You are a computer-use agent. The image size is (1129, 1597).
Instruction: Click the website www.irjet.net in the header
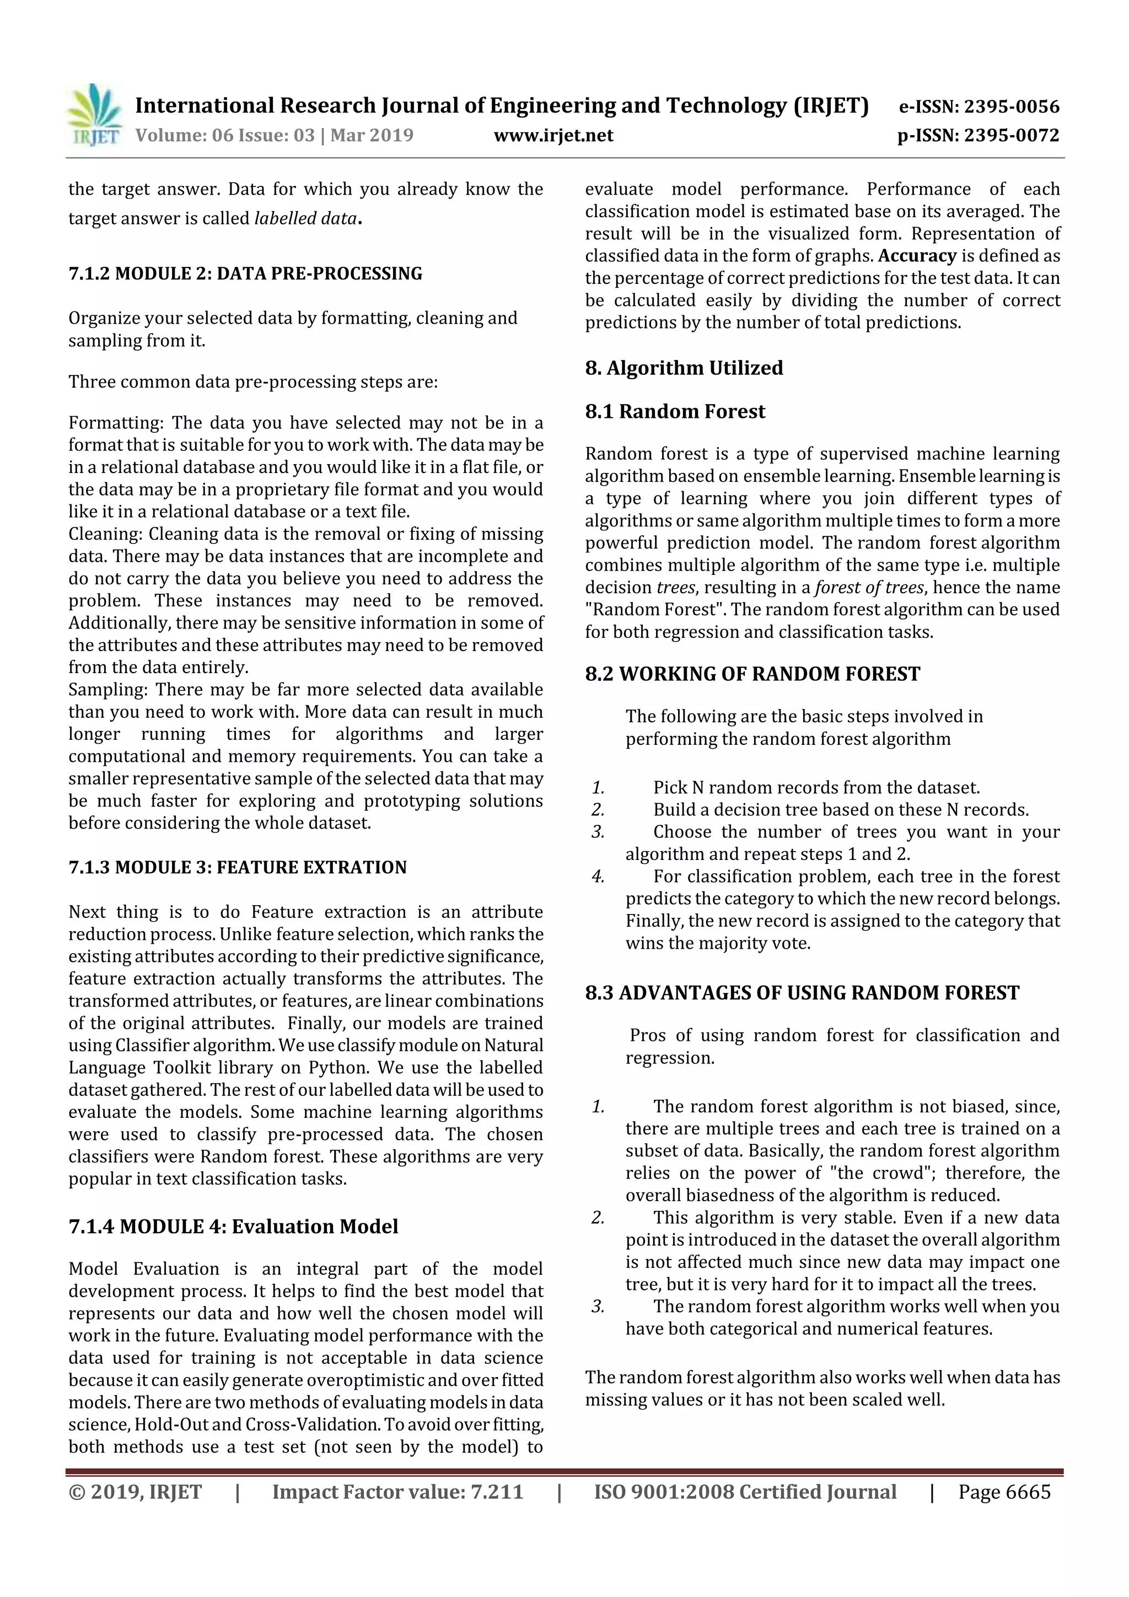point(553,135)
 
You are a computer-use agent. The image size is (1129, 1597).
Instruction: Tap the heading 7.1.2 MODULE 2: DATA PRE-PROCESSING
point(245,273)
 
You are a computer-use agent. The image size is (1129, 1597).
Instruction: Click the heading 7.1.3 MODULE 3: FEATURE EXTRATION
point(237,867)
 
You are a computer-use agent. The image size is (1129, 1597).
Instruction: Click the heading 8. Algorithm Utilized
point(683,367)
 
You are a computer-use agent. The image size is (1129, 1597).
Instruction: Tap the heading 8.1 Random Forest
point(674,411)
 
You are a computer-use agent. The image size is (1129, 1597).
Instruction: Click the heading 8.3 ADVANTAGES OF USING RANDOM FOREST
point(802,993)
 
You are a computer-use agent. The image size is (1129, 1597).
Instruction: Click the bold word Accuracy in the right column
point(917,256)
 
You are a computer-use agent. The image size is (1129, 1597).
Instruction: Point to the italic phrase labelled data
point(305,218)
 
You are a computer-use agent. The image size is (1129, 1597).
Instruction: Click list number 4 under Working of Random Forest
point(598,877)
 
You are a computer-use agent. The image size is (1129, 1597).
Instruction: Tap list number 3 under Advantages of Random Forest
point(598,1306)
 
